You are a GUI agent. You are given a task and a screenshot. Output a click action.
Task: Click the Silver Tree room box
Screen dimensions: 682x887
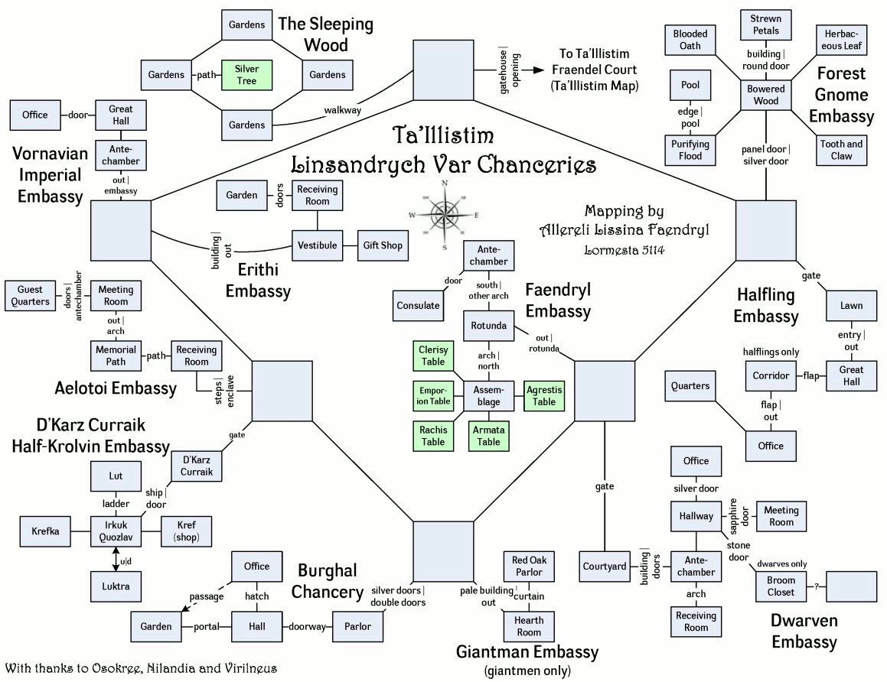(x=246, y=75)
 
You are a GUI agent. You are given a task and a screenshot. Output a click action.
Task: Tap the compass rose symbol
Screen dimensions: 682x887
(x=444, y=215)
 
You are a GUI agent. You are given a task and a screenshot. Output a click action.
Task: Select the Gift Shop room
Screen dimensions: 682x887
(x=382, y=245)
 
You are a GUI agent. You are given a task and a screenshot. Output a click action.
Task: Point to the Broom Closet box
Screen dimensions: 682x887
(x=781, y=586)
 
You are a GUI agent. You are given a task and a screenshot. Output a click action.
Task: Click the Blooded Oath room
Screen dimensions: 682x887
(x=690, y=40)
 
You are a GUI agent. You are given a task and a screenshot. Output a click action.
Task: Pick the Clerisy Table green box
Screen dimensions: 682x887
(x=433, y=356)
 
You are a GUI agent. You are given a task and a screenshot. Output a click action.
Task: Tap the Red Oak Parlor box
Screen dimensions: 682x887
(x=528, y=567)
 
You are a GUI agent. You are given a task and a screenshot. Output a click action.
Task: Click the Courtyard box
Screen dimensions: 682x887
(x=605, y=567)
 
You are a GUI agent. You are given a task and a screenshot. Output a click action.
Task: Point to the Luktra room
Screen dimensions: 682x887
(x=116, y=586)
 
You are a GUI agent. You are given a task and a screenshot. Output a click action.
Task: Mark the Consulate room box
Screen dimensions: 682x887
(x=418, y=306)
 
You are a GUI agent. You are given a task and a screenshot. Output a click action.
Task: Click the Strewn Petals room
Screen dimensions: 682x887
(x=765, y=25)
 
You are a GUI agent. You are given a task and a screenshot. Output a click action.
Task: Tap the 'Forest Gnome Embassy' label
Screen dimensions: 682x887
(x=841, y=95)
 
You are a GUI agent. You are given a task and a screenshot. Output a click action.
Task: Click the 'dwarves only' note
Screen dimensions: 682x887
(x=781, y=563)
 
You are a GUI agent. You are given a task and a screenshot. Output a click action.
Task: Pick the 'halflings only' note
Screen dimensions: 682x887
(x=771, y=352)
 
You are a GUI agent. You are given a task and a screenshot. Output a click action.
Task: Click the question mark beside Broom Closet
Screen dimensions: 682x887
(x=817, y=586)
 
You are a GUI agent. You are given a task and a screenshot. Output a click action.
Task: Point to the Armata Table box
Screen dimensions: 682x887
(x=488, y=436)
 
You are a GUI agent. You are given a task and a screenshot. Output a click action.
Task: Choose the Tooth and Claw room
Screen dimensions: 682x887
(x=841, y=150)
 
